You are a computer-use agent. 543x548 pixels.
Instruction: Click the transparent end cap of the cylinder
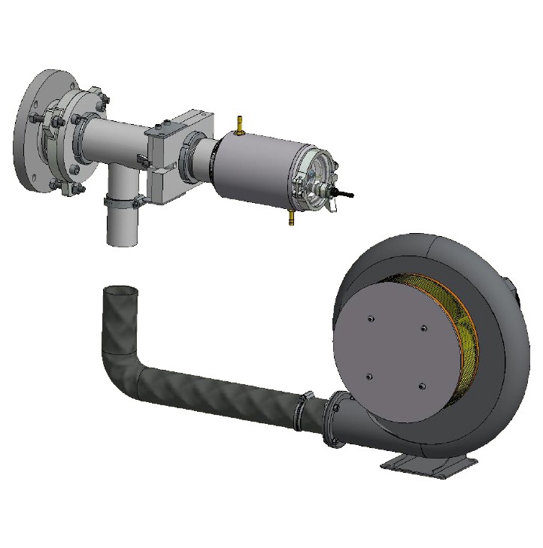(317, 180)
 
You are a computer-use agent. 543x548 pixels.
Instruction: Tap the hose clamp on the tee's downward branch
(120, 201)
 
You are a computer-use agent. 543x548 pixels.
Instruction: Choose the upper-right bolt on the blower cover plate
(424, 328)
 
